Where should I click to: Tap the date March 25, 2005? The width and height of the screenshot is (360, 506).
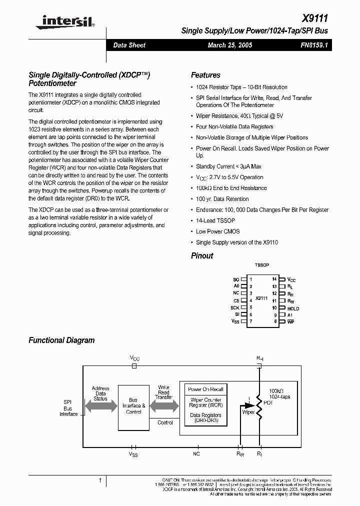coord(229,45)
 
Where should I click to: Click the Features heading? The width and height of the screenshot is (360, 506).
coord(205,75)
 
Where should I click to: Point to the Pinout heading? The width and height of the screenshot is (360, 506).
coord(202,255)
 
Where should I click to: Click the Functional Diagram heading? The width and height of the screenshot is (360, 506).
coord(61,340)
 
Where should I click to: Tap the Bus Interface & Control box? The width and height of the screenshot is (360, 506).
coord(133,406)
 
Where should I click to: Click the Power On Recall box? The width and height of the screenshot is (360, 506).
coord(205,389)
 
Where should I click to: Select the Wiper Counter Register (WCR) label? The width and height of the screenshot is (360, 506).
coord(205,402)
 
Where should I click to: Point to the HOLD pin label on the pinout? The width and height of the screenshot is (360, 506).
coord(293,308)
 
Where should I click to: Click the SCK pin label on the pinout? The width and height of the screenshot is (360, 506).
coord(235,307)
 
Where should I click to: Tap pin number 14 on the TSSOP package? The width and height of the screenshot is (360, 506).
coord(274,278)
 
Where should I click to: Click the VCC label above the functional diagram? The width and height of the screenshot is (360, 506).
coord(134,358)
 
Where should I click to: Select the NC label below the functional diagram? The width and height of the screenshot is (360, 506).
coord(196,453)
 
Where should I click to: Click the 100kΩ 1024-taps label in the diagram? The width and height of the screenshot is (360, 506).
coord(279,393)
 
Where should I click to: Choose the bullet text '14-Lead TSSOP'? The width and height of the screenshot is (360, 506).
coord(215,220)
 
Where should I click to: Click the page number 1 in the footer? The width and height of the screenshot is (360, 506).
coord(100,480)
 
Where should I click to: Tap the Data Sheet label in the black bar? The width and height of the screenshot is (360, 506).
coord(129,45)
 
